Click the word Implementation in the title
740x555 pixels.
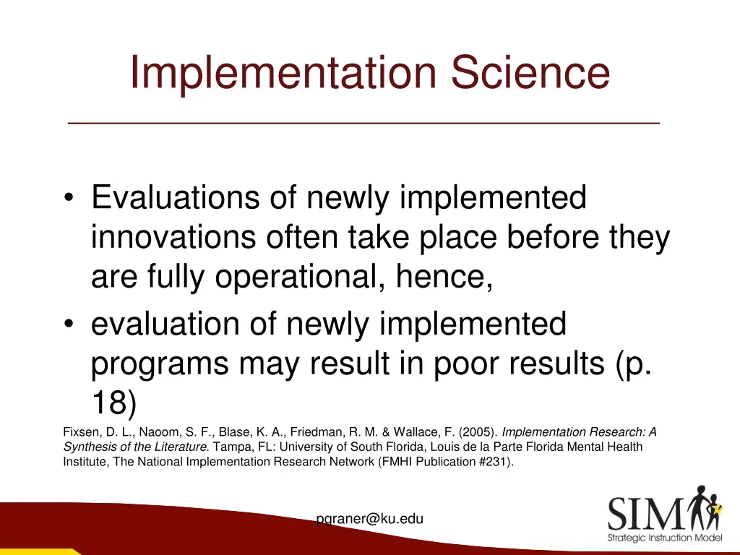point(285,74)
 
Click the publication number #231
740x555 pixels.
point(494,462)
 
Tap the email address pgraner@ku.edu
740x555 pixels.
point(370,518)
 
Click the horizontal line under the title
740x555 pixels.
point(363,124)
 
